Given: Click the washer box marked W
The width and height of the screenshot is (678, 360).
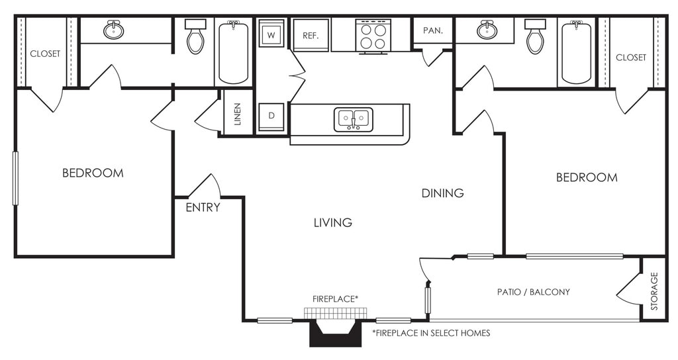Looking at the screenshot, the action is coord(271,33).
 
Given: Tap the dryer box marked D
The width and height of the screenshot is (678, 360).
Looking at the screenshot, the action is coord(271,116).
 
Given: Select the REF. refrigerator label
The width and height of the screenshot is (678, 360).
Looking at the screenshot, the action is coord(311,36).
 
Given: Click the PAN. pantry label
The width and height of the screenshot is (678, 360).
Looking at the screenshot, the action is coord(433,30).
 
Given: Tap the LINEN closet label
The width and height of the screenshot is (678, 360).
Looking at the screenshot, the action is coord(238,114).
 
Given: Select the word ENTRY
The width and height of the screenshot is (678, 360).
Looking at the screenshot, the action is coord(203,207).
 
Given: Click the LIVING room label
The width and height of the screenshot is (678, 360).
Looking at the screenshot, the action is coord(333,222).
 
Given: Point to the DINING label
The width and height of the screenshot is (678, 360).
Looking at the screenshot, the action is coord(443,193).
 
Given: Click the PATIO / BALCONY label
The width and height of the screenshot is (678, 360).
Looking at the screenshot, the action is coord(534,292).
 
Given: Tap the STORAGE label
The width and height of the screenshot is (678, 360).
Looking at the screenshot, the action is coord(654,291).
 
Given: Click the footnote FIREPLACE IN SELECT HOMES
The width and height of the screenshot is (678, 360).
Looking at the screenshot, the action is coord(431,334).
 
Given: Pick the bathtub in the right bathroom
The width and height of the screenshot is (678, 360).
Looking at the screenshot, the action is coord(577,52).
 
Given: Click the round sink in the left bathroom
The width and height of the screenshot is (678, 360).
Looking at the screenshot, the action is coord(114,29).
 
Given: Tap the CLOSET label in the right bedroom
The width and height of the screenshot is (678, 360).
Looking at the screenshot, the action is coord(631,58).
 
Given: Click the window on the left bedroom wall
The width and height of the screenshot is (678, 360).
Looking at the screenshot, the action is coord(16,177).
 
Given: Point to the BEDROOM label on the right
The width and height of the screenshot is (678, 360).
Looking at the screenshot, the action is coord(587,177).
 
